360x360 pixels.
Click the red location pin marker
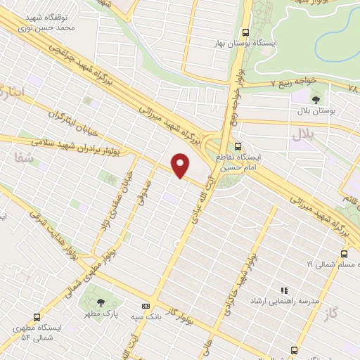pyautogui.click(x=181, y=165)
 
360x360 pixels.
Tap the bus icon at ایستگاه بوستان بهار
pyautogui.click(x=245, y=32)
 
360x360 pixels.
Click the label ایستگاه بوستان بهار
pyautogui.click(x=245, y=43)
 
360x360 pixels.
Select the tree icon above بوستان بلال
pyautogui.click(x=315, y=100)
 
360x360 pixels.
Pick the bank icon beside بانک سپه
pyautogui.click(x=146, y=306)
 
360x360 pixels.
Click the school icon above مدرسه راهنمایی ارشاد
pyautogui.click(x=285, y=290)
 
